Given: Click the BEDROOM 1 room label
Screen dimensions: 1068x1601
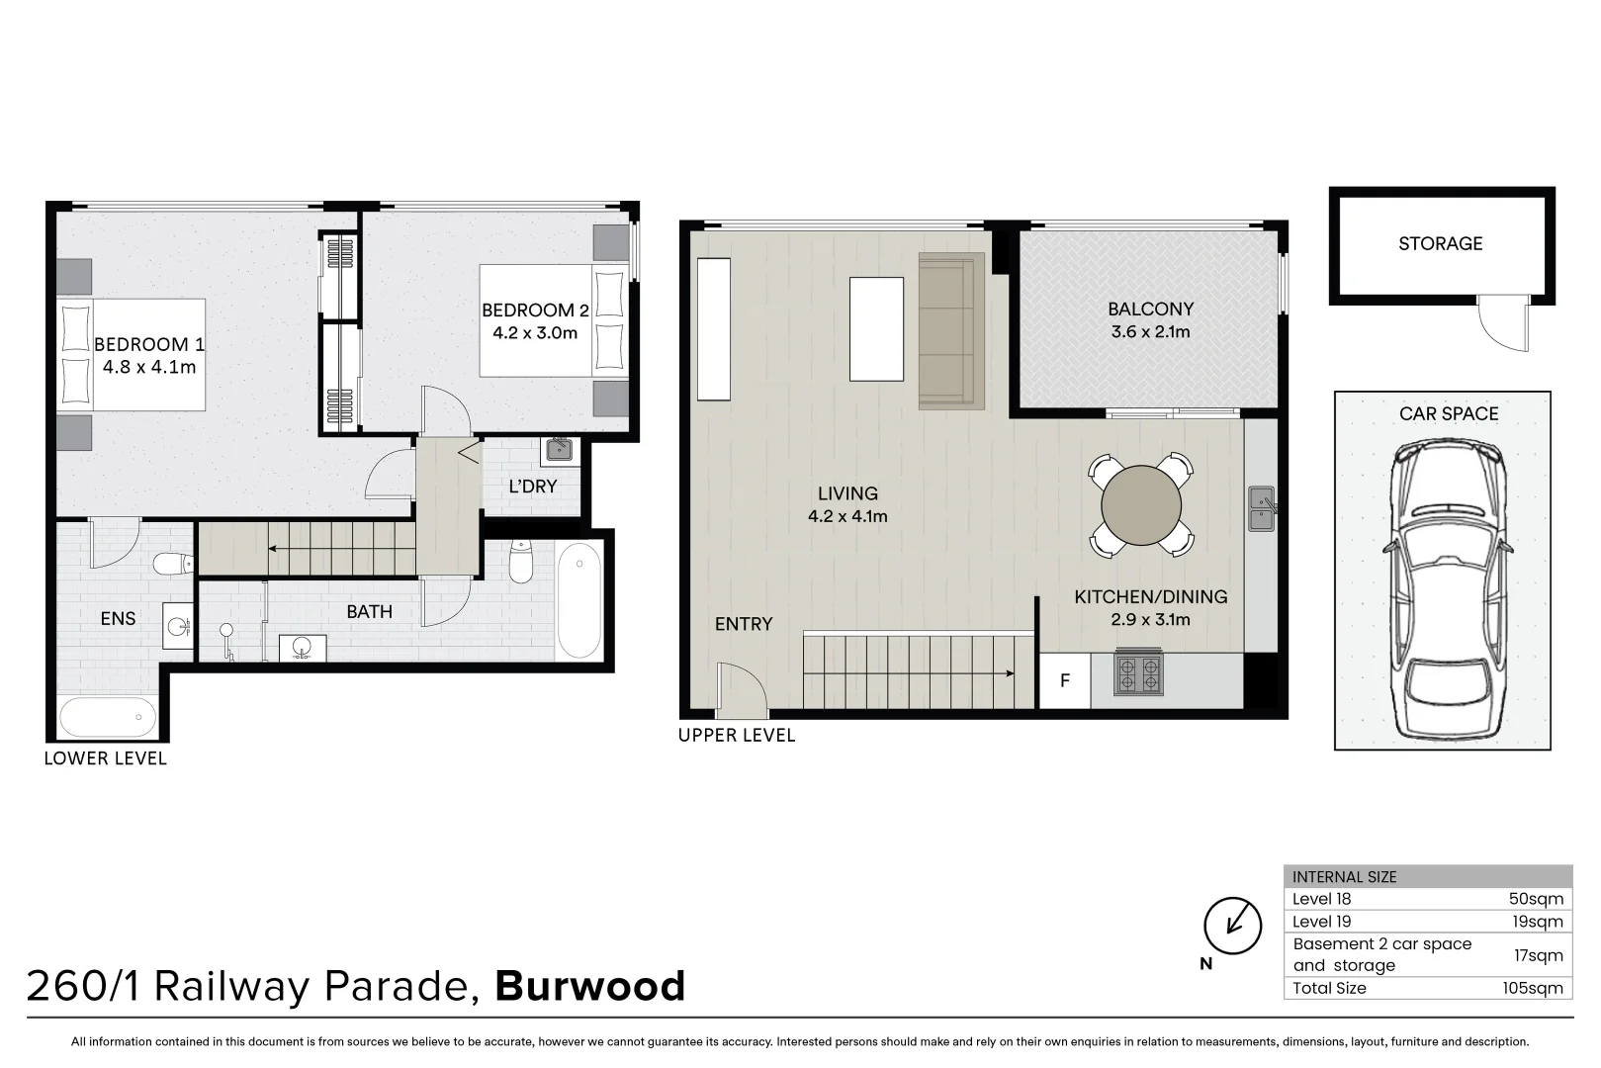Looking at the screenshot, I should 149,344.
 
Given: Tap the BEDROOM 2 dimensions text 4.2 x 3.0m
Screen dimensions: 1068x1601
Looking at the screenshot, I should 535,333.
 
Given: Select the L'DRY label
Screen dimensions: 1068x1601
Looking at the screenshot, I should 532,487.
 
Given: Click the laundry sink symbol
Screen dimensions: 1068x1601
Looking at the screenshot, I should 557,450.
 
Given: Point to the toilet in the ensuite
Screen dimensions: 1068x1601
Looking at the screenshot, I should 174,565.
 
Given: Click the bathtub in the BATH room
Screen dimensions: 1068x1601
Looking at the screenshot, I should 579,602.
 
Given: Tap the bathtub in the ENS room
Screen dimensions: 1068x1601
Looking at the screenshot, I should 107,715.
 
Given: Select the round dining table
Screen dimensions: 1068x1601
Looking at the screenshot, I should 1141,505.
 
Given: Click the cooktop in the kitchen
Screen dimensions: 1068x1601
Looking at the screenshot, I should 1137,674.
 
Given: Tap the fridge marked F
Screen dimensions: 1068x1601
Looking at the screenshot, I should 1065,680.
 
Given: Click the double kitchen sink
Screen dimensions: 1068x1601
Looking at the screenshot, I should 1261,507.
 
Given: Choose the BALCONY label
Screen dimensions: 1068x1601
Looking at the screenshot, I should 1150,309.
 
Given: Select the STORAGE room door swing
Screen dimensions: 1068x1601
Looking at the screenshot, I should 1503,325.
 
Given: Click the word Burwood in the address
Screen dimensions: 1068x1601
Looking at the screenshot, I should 590,986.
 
